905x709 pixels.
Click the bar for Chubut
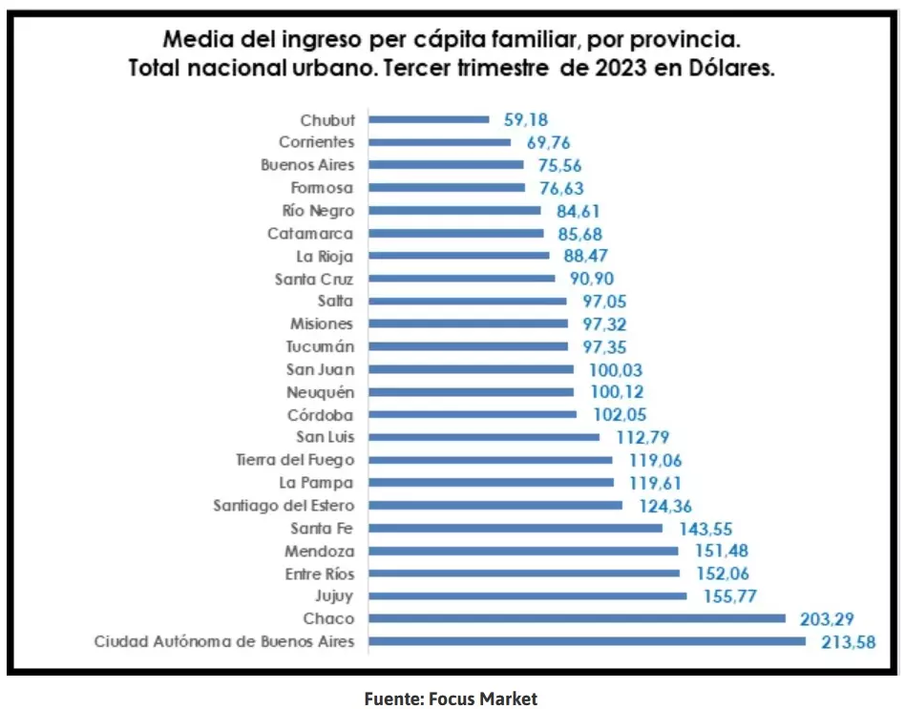click(x=429, y=119)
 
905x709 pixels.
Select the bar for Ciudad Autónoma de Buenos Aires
click(x=587, y=641)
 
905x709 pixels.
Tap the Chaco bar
click(x=577, y=618)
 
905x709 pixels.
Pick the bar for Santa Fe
click(x=516, y=528)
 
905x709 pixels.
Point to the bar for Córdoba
click(x=473, y=414)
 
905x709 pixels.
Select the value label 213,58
click(x=848, y=641)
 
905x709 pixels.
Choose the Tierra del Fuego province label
click(x=295, y=460)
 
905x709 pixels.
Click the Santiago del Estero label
click(x=284, y=505)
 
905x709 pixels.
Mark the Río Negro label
click(x=318, y=210)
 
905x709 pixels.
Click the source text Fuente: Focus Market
click(x=451, y=699)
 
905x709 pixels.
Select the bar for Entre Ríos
click(x=524, y=573)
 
